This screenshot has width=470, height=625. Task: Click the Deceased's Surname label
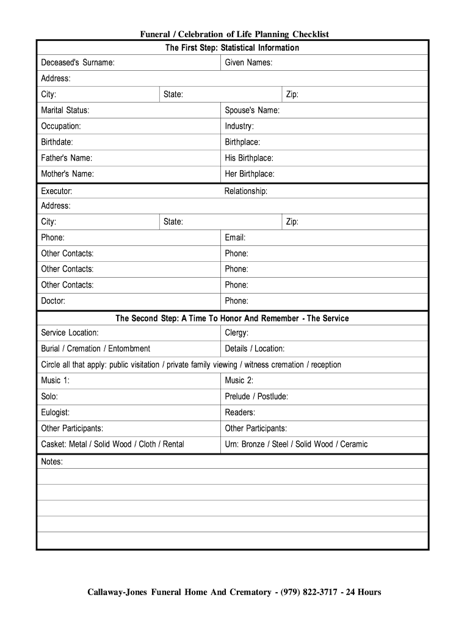coord(78,63)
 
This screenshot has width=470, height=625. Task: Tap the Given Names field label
coord(248,63)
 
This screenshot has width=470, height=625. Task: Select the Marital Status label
coord(65,110)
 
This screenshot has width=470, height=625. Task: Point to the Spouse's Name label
coord(252,110)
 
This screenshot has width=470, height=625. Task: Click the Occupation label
coord(61,126)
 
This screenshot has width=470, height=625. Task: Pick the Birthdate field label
coord(57,142)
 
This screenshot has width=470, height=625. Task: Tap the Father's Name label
coord(67,158)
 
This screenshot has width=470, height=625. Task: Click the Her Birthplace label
coord(250,174)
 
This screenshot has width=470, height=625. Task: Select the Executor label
coord(57,191)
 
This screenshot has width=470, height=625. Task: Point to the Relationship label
coord(246,191)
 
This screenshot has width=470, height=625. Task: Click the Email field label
coord(235,237)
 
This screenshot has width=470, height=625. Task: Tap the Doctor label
coord(53,301)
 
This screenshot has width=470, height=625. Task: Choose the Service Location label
coord(70,333)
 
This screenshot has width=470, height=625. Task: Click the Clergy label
coord(237,333)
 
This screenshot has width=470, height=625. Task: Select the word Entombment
coord(129,349)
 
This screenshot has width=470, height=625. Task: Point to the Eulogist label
coord(56,413)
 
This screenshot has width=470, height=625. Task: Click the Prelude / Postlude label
coord(256,397)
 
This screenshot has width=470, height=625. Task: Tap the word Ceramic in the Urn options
coord(354,444)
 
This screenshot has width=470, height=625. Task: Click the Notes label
coord(52,462)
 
